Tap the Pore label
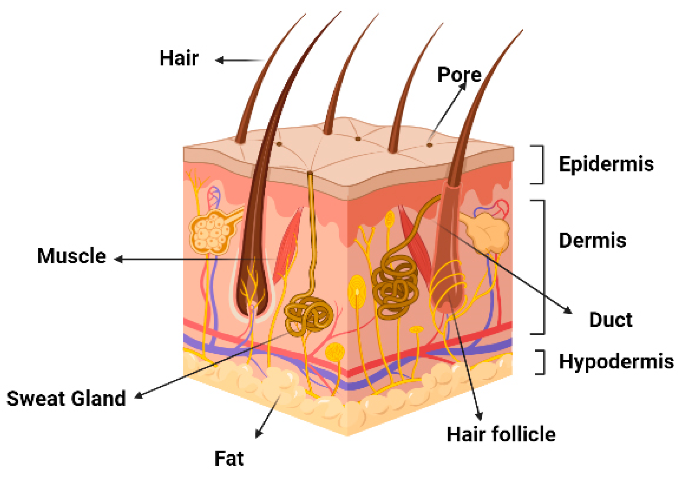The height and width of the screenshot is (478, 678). [459, 75]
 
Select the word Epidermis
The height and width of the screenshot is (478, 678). [606, 164]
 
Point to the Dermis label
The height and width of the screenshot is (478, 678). [592, 241]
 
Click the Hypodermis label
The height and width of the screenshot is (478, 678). [616, 362]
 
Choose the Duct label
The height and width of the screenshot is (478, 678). [611, 320]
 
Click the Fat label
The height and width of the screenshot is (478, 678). [229, 458]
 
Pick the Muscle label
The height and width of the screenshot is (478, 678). [72, 256]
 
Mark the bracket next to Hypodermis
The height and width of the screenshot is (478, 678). [542, 362]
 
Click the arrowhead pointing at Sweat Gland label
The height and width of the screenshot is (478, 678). [139, 395]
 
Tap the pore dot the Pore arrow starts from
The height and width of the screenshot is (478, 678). [429, 145]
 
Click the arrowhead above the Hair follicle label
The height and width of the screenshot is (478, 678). [479, 416]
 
